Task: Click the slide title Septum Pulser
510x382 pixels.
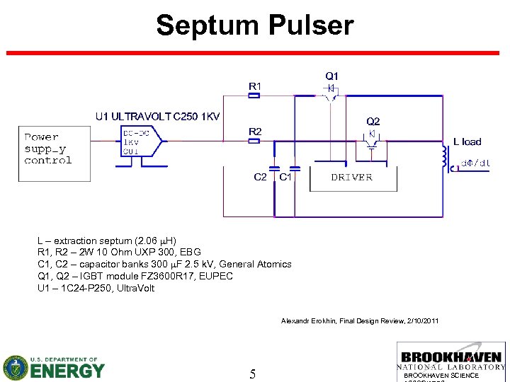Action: point(254,25)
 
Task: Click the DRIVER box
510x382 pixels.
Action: point(351,178)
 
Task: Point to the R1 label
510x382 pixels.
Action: point(255,86)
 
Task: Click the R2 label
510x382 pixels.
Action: point(255,132)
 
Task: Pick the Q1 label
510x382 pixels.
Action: point(331,76)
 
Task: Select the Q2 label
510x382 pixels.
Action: point(373,121)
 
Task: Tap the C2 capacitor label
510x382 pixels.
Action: point(261,177)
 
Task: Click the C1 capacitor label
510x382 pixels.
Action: point(285,177)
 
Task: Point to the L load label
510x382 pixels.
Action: point(467,141)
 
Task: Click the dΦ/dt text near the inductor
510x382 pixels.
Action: point(475,163)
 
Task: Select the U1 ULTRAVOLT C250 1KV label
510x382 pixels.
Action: point(157,116)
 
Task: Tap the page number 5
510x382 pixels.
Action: point(252,374)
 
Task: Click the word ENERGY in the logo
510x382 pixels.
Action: point(69,370)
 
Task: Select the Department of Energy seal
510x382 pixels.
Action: point(16,367)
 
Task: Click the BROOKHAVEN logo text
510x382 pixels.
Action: point(451,357)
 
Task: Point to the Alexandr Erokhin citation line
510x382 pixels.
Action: point(360,321)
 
